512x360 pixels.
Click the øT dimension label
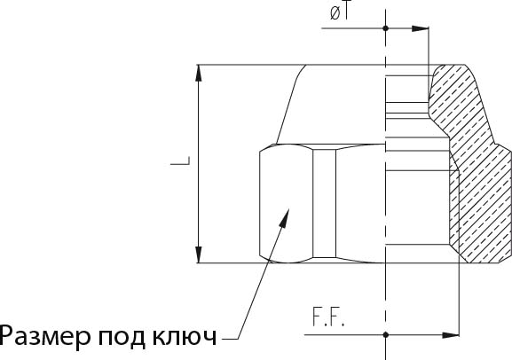[x=340, y=12]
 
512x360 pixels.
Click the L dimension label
[x=180, y=160]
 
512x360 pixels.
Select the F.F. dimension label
[x=328, y=317]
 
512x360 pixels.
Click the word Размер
[x=44, y=337]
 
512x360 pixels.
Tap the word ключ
[x=185, y=336]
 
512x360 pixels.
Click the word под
[x=122, y=337]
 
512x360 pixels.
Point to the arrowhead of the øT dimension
[x=420, y=28]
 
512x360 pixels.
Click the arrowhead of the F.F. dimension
[x=451, y=335]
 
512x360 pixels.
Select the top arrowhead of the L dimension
[x=198, y=73]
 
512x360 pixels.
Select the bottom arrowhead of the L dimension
[x=198, y=254]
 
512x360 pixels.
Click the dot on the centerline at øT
[x=386, y=28]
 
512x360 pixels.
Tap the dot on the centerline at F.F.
[x=386, y=335]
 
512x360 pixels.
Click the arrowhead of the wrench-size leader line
[x=285, y=219]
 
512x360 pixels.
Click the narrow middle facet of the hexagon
[x=324, y=203]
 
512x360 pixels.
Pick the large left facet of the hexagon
[x=287, y=203]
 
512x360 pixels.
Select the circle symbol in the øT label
[x=335, y=13]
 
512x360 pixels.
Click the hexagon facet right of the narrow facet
[x=360, y=203]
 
